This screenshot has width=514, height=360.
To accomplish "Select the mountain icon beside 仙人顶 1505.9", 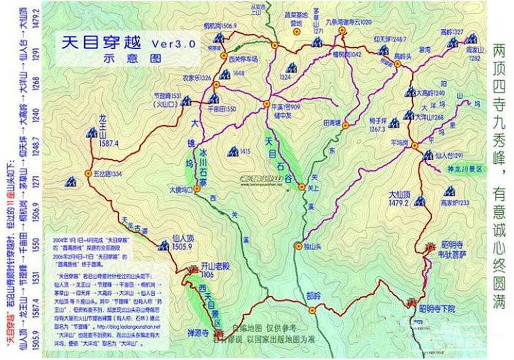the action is (164, 245).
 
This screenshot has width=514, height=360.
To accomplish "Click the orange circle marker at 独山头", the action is (298, 246).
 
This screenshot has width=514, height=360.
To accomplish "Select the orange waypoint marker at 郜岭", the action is (312, 310).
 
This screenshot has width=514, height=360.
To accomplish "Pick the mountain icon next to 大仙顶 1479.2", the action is (420, 201).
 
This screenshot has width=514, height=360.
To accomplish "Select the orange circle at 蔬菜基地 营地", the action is (297, 31).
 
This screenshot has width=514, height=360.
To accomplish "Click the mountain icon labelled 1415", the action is (233, 151).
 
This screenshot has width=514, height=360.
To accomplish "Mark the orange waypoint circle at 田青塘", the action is (345, 125).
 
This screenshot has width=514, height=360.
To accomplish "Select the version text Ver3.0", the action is (173, 44).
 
